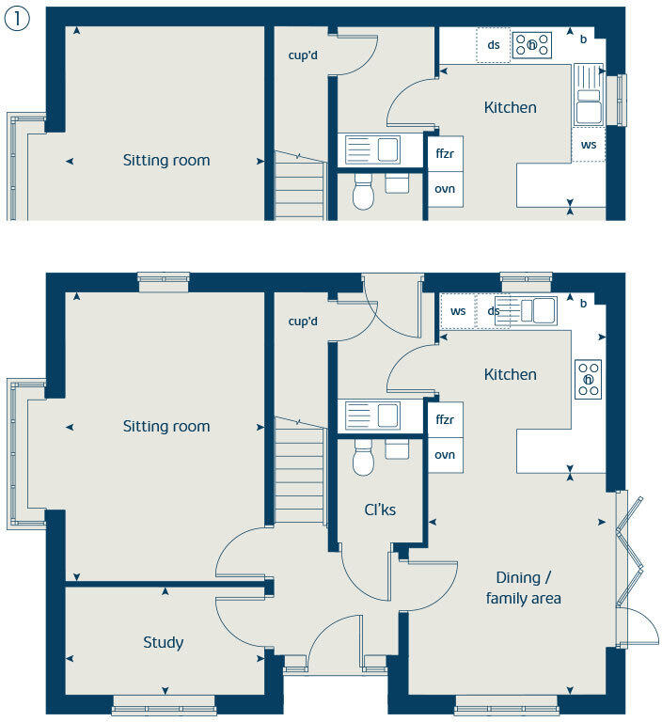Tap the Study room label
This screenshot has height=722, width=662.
point(164,643)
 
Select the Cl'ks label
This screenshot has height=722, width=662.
point(380,510)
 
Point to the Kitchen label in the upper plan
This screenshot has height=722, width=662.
point(510,107)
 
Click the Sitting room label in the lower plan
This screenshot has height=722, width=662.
point(166,427)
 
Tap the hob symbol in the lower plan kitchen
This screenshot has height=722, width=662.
point(589,379)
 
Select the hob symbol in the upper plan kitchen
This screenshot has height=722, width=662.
point(531,44)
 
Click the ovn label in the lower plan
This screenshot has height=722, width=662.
point(445,455)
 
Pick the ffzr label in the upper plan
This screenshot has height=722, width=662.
point(445,152)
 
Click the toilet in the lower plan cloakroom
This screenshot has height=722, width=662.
point(364,460)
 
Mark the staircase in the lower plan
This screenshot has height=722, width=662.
point(299,470)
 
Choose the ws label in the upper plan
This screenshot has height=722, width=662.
point(588,145)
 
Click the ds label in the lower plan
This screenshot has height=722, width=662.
point(493,311)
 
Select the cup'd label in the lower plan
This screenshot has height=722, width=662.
point(303,322)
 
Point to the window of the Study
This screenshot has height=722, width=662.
point(164,701)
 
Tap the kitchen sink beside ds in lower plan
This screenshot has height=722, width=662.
point(532,310)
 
